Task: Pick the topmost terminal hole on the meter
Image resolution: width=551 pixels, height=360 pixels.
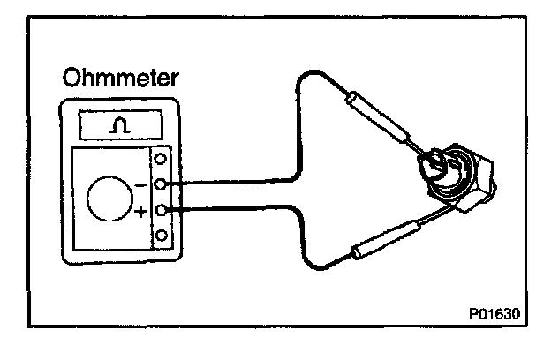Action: click(x=162, y=161)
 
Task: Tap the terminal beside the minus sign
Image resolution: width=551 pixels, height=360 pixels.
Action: click(x=162, y=184)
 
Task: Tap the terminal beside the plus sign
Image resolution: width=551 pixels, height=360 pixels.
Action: click(x=162, y=211)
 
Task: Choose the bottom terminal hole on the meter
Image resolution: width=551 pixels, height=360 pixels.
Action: click(x=162, y=236)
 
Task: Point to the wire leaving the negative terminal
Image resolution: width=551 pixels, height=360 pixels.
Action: click(x=230, y=184)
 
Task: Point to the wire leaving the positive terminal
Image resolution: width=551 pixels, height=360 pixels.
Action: click(x=230, y=210)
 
